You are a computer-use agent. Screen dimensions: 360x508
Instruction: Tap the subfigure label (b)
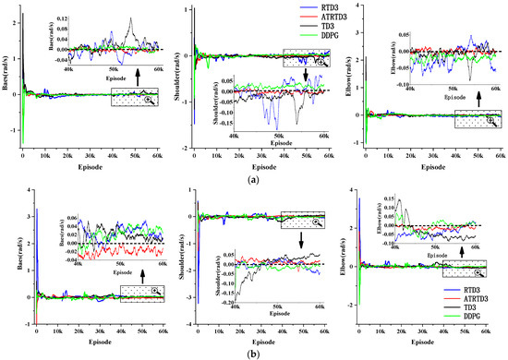(x=254, y=352)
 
